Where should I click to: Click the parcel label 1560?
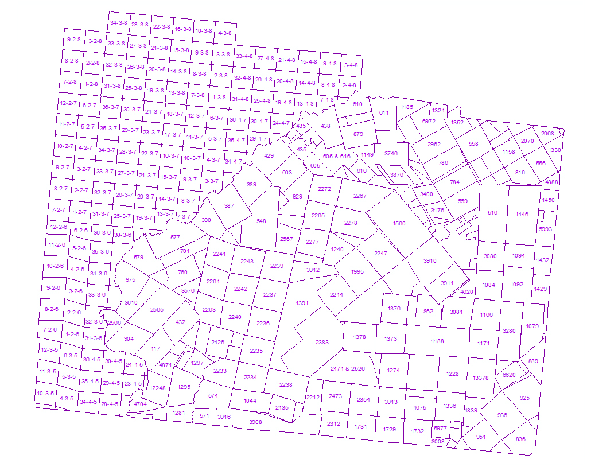(x=399, y=224)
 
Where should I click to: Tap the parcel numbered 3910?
(x=430, y=261)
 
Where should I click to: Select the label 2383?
(x=322, y=342)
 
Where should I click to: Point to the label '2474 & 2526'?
(x=348, y=368)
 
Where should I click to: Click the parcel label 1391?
(x=302, y=303)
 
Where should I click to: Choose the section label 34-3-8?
(x=119, y=23)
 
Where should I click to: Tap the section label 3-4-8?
(x=351, y=65)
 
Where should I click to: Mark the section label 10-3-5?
(x=45, y=393)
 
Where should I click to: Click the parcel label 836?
(x=520, y=439)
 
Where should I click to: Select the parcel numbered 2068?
(x=548, y=133)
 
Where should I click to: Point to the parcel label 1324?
(x=438, y=110)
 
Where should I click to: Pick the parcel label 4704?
(x=140, y=404)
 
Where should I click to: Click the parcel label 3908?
(x=255, y=422)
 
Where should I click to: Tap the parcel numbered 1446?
(x=522, y=214)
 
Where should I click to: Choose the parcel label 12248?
(x=157, y=388)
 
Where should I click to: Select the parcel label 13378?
(x=481, y=378)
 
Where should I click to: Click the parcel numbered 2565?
(x=157, y=310)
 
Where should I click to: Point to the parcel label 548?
(x=261, y=221)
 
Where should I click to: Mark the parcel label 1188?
(x=437, y=341)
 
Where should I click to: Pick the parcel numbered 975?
(x=130, y=279)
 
